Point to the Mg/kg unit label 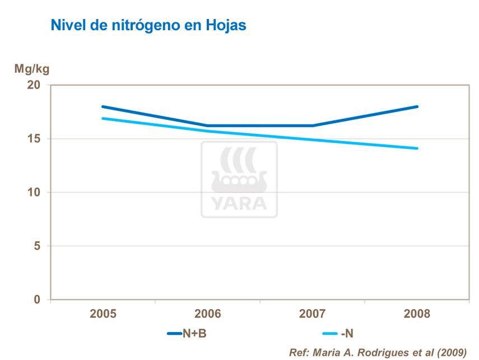[x=32, y=69]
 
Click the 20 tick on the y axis [x=35, y=85]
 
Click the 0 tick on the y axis [x=38, y=300]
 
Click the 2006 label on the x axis [x=207, y=314]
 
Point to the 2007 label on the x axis [x=312, y=314]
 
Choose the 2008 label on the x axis [x=417, y=314]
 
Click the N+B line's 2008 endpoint [x=417, y=106]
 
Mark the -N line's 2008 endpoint [x=417, y=148]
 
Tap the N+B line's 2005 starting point [x=103, y=106]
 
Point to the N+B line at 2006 [x=207, y=125]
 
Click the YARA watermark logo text [x=239, y=203]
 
